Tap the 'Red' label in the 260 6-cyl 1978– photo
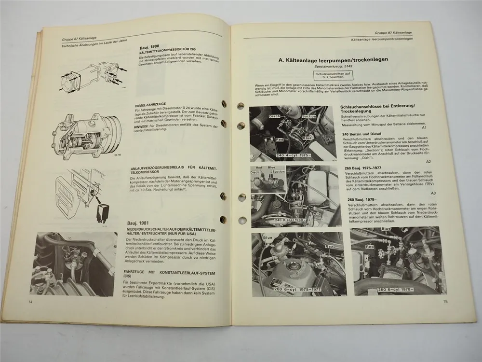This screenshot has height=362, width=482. (370, 247)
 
